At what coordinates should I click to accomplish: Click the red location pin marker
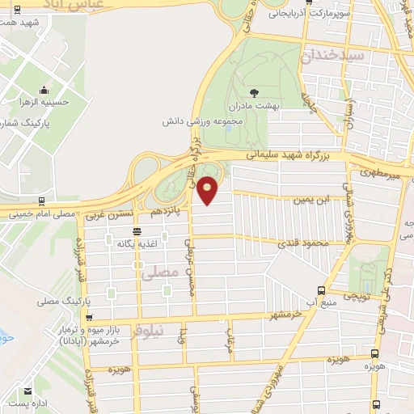point(208,190)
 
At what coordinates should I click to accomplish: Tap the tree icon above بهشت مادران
point(255,93)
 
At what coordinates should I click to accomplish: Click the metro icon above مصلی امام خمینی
point(41,201)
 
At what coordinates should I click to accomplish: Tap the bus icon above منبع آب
point(321,289)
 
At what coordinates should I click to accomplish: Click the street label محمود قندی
point(300,243)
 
